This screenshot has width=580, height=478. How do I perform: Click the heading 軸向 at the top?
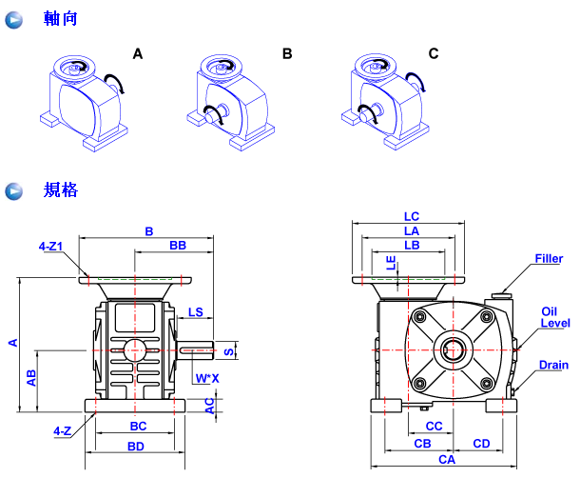click(x=60, y=18)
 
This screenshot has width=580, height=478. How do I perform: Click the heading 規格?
click(x=60, y=190)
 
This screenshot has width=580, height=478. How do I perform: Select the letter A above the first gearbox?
click(x=138, y=54)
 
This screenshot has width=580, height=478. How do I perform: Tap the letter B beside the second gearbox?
click(x=287, y=54)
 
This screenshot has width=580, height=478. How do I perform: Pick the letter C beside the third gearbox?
click(x=434, y=54)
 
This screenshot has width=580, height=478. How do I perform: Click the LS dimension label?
click(x=196, y=312)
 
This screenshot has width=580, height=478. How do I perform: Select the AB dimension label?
click(x=32, y=377)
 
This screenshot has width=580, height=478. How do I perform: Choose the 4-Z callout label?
click(x=63, y=430)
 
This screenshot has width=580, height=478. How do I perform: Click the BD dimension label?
click(x=136, y=446)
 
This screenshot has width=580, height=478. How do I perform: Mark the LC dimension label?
click(x=411, y=216)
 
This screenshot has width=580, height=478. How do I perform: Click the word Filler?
click(x=549, y=259)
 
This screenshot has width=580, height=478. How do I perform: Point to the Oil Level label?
click(x=555, y=317)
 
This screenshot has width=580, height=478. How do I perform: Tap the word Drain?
click(x=553, y=366)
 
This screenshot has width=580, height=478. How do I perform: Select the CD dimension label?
click(x=481, y=444)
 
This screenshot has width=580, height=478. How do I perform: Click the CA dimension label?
click(x=446, y=460)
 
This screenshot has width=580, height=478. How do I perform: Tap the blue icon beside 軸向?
click(x=14, y=19)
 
